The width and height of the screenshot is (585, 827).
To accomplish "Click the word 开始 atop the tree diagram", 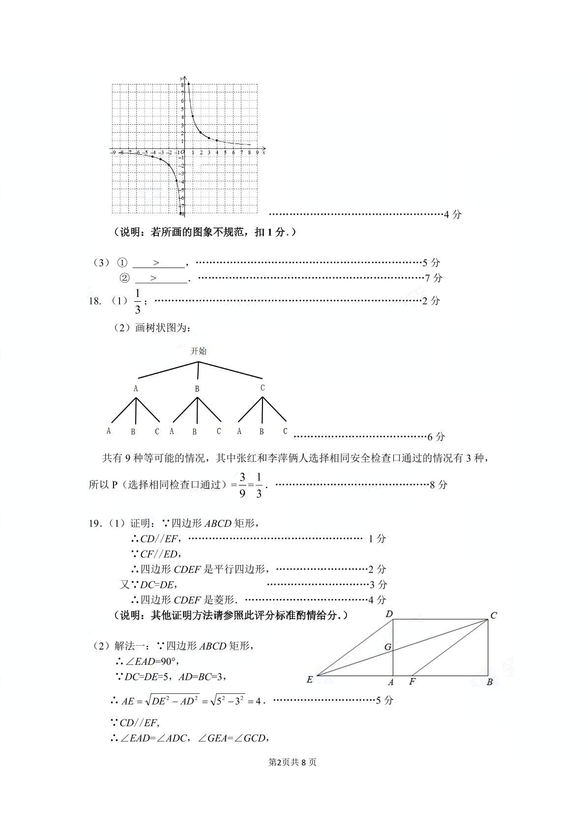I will click(199, 351).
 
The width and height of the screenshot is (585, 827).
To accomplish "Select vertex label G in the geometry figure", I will click(388, 647).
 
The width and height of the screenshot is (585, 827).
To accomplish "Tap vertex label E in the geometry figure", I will click(310, 680).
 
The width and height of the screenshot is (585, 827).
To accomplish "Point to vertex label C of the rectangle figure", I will click(494, 615).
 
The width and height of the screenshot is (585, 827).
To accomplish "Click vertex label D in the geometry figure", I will click(389, 614).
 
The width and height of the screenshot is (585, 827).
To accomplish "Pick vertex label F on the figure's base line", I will click(412, 682).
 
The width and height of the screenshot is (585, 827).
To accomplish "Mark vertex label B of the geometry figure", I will click(490, 682).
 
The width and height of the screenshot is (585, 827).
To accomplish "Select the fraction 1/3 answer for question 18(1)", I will click(138, 301).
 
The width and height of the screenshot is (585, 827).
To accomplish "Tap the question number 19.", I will click(94, 523).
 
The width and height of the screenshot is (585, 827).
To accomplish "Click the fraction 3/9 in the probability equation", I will click(242, 485).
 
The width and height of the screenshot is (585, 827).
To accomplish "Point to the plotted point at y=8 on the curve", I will click(189, 84).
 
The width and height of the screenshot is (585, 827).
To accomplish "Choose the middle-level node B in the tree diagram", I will click(197, 388).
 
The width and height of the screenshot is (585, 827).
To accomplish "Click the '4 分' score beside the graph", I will click(452, 214).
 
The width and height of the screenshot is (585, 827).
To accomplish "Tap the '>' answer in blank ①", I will click(157, 263).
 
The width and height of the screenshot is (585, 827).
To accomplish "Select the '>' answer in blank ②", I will click(154, 278).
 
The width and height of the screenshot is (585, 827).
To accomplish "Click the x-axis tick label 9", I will click(257, 153).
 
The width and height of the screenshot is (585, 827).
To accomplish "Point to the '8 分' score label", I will click(439, 485).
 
